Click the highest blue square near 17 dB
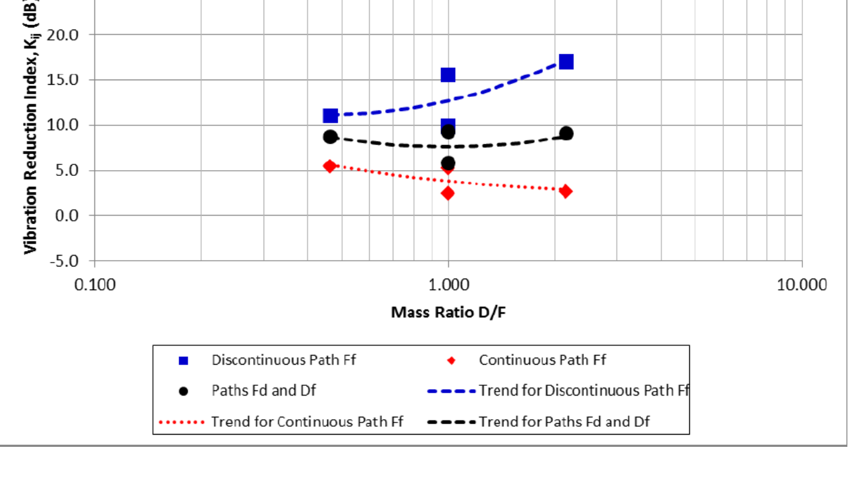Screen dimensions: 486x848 point(566,62)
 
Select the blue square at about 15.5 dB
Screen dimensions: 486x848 point(448,75)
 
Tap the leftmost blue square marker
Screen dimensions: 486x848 point(330,116)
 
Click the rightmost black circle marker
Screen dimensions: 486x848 point(566,134)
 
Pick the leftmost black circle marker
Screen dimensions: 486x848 point(330,137)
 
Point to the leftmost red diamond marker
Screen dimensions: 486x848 point(330,166)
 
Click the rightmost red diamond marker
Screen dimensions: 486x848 point(566,191)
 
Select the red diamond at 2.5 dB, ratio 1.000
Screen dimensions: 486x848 point(448,193)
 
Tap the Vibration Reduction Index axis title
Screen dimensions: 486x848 point(30,128)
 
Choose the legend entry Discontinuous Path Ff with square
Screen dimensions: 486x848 point(284,360)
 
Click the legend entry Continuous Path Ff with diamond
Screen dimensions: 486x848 point(542,360)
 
